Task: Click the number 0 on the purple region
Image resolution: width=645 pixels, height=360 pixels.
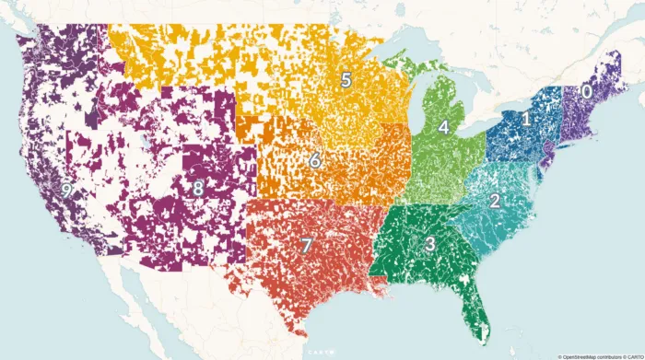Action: (x=585, y=92)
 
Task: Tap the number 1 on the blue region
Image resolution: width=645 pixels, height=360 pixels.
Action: (x=526, y=119)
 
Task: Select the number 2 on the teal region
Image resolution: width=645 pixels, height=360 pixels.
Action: (x=495, y=201)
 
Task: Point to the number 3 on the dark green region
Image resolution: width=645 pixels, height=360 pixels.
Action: (x=429, y=244)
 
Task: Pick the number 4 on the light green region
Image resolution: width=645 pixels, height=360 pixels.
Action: (x=443, y=127)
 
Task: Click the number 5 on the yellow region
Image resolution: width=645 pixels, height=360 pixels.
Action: (x=346, y=80)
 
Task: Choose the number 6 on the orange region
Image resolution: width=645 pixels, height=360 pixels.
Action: (x=314, y=161)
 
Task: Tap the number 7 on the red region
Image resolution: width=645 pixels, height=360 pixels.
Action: (x=307, y=246)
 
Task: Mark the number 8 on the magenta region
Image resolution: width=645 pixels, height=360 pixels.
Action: (x=198, y=189)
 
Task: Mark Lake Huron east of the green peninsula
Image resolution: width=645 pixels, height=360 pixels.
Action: (x=464, y=92)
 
